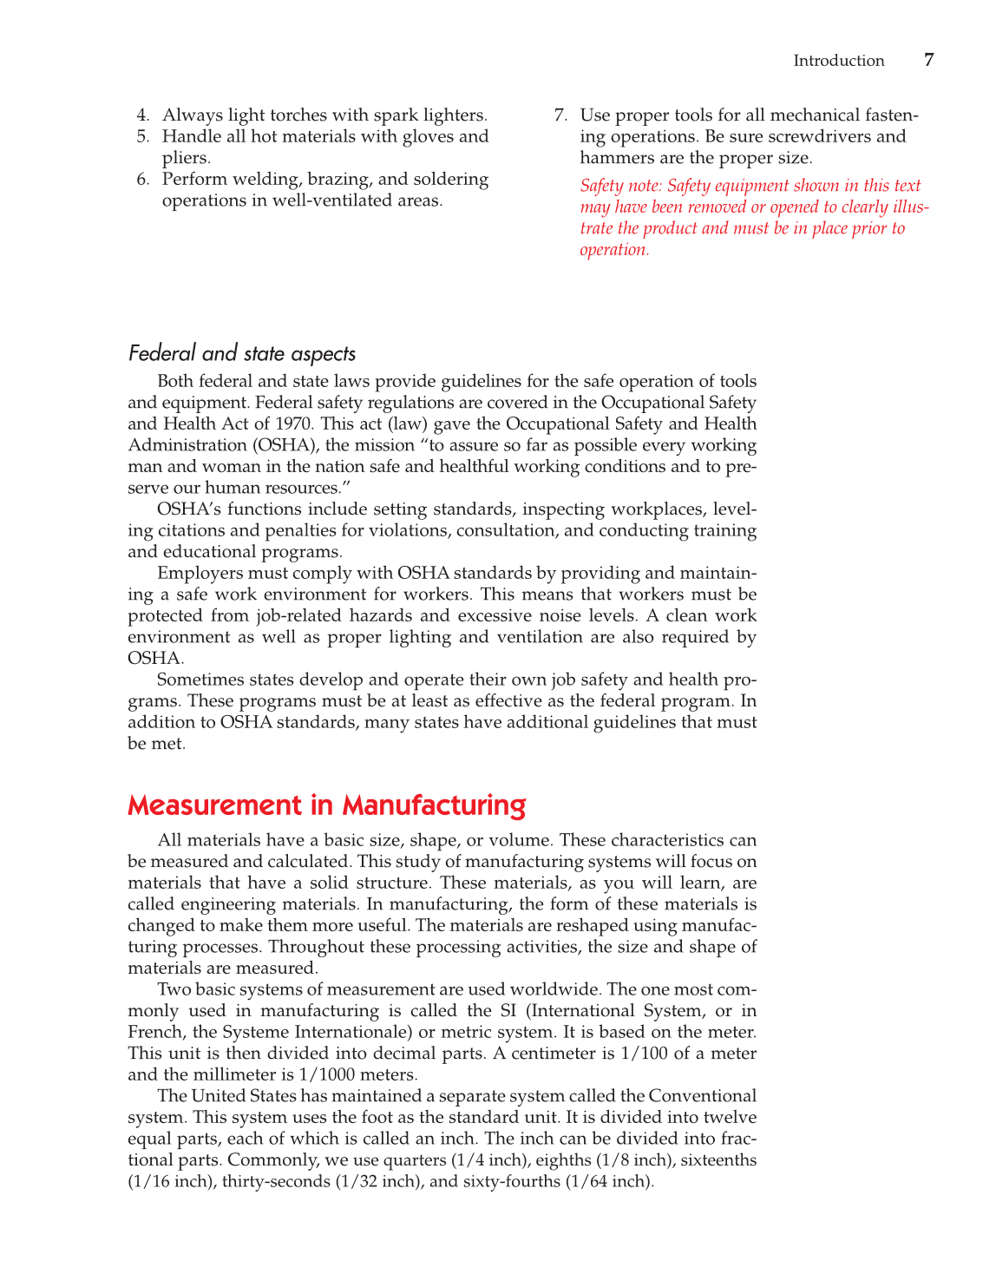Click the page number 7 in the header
(x=928, y=60)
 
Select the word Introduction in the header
(x=838, y=61)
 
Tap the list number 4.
(x=142, y=115)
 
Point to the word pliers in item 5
(x=185, y=158)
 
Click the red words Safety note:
(x=621, y=186)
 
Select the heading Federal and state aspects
(x=241, y=353)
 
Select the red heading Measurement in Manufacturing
(x=326, y=805)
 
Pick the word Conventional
(x=702, y=1096)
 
